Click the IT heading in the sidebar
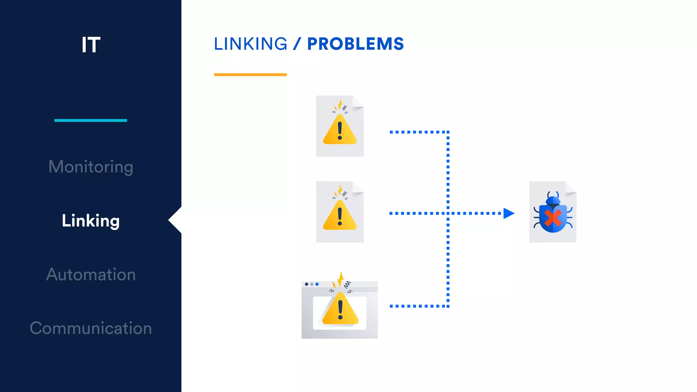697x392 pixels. [x=91, y=45]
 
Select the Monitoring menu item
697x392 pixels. [x=91, y=167]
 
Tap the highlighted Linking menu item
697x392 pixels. [x=91, y=221]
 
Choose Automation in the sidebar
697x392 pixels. [x=91, y=275]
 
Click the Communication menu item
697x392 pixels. [x=91, y=328]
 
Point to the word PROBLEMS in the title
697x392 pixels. [x=355, y=44]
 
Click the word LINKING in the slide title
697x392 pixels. [x=250, y=44]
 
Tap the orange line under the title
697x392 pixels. [x=250, y=75]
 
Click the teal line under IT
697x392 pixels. [x=91, y=120]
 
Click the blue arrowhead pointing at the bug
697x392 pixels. [x=508, y=213]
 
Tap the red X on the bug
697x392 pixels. [x=553, y=218]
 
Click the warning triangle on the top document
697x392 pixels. [x=340, y=131]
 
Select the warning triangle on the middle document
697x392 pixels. [x=340, y=217]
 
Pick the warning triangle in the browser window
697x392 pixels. [x=340, y=309]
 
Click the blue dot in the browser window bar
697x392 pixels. [x=317, y=284]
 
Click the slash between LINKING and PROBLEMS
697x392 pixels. [x=297, y=44]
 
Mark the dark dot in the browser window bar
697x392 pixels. [x=307, y=284]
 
